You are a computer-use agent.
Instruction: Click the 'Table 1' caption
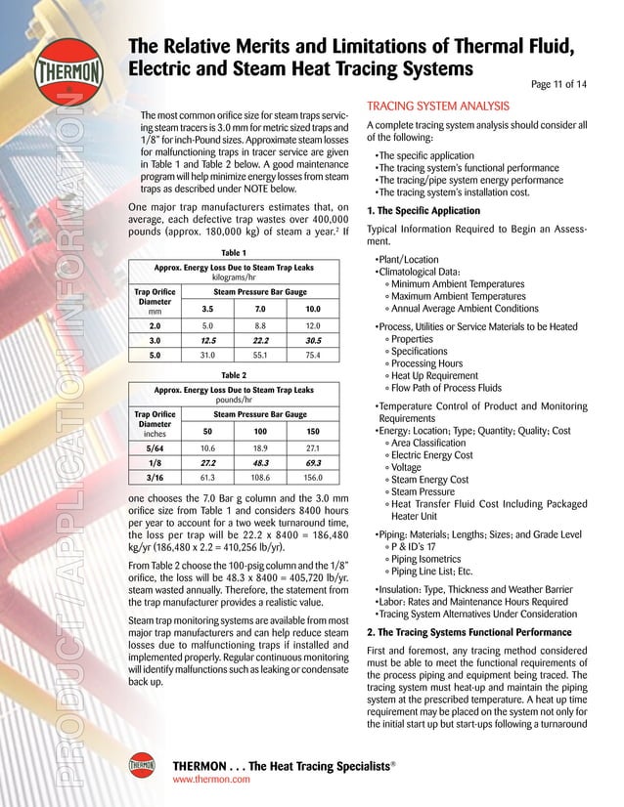point(235,252)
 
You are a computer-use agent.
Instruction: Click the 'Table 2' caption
point(235,374)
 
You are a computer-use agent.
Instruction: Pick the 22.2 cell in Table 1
point(260,340)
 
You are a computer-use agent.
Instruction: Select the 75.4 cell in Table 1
point(313,356)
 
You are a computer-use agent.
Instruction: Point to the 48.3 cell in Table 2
point(260,462)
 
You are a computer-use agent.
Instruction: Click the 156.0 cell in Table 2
point(313,479)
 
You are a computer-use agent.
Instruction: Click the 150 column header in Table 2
point(313,431)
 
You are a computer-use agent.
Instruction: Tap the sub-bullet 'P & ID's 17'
point(423,547)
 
